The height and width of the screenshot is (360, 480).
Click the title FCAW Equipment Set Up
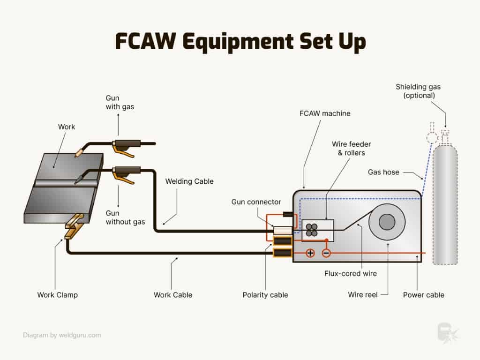pyautogui.click(x=240, y=41)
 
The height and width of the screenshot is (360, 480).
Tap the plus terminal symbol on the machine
pyautogui.click(x=310, y=253)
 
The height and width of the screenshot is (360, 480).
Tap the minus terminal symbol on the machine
pyautogui.click(x=326, y=253)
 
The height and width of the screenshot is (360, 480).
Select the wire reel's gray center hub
pyautogui.click(x=387, y=222)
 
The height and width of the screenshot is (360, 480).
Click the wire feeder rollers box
pyautogui.click(x=317, y=229)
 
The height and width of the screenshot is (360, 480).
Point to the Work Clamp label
pyautogui.click(x=57, y=295)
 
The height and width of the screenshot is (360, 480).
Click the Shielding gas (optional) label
pyautogui.click(x=418, y=91)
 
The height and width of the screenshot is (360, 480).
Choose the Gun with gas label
pyautogui.click(x=119, y=102)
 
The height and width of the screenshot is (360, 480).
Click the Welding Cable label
pyautogui.click(x=189, y=181)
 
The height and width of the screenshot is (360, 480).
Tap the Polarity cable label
pyautogui.click(x=265, y=295)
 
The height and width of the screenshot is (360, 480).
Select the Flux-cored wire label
pyautogui.click(x=350, y=273)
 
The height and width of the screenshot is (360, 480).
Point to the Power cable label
pyautogui.click(x=423, y=295)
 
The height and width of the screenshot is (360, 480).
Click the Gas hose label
pyautogui.click(x=383, y=172)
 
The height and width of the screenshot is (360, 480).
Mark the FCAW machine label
pyautogui.click(x=325, y=113)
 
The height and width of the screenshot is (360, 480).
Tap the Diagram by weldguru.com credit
pyautogui.click(x=62, y=335)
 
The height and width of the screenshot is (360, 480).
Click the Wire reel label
pyautogui.click(x=362, y=295)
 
